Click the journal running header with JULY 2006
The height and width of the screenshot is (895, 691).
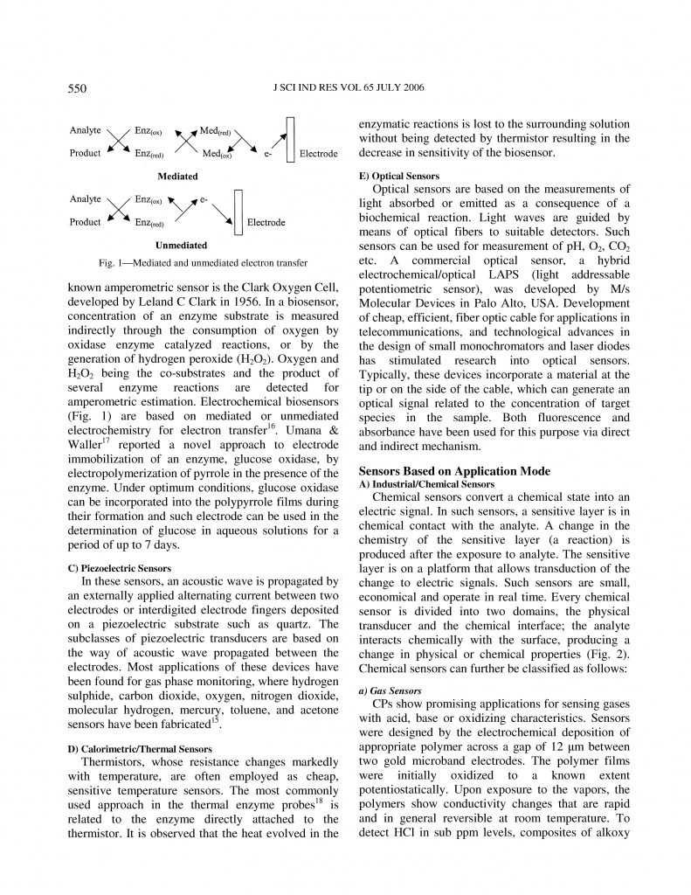pyautogui.click(x=347, y=87)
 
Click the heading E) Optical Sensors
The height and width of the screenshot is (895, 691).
pyautogui.click(x=399, y=176)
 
